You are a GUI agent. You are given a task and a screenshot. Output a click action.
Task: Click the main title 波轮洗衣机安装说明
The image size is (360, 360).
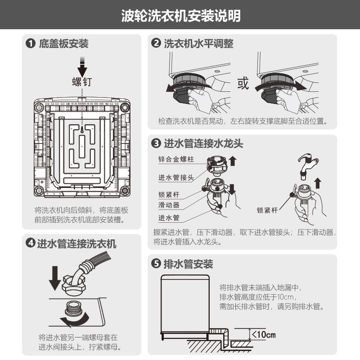coord(181,16)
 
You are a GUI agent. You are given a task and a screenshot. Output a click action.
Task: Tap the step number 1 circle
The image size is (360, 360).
coord(31,44)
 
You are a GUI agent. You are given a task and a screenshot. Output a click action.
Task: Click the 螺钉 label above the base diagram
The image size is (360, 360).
coord(82,82)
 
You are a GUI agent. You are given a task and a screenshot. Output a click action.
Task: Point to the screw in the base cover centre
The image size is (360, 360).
coord(82,129)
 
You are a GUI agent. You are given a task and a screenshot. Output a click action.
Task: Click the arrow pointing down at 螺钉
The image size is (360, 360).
coord(82,66)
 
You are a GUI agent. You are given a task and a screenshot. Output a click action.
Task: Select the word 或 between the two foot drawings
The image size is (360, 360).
coord(243,83)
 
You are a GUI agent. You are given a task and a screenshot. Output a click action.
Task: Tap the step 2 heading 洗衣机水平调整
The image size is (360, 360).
coord(198,44)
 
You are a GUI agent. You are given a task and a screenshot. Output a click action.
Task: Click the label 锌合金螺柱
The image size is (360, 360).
coord(176,159)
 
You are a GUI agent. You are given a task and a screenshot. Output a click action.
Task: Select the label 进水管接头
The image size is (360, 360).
coord(176,177)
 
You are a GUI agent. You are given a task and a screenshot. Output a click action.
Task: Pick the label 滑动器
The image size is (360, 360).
coord(169,205)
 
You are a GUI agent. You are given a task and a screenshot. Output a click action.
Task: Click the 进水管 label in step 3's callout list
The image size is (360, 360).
coord(169,218)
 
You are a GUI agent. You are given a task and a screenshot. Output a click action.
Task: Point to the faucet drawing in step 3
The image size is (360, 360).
coord(308,166)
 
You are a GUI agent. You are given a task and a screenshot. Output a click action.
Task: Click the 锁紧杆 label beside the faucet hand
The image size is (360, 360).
coord(267,210)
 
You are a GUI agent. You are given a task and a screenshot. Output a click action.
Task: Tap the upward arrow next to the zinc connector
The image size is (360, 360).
coord(233,161)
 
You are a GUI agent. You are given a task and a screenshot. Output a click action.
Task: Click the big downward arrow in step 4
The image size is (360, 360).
coord(55,278)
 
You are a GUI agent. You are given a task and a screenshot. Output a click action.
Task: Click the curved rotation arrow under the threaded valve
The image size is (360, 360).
coord(75,319)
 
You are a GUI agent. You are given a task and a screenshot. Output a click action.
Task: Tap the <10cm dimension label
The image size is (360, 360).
coord(264,334)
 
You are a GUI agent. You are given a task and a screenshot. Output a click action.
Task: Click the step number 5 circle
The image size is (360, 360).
coord(156,264)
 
